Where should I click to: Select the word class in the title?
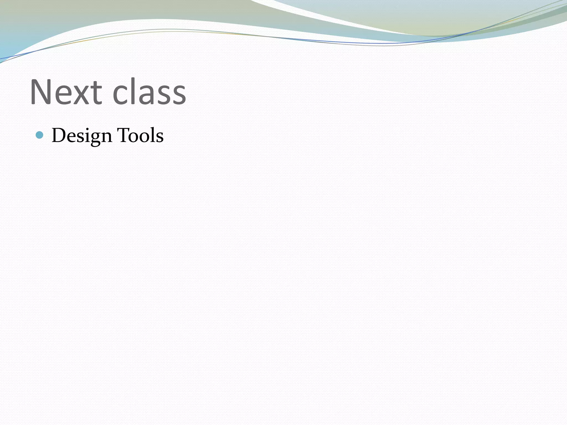click(149, 92)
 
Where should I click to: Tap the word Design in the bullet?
click(82, 136)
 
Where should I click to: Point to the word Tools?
click(140, 136)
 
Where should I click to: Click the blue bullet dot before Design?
click(40, 135)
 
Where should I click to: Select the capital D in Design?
click(58, 135)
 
